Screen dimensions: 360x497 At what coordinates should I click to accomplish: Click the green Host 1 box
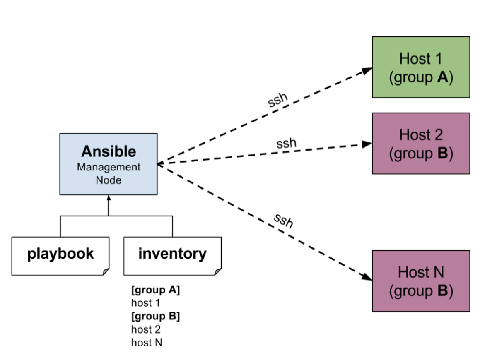click(x=421, y=67)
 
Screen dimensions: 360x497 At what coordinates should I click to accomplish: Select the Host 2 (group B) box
click(x=421, y=143)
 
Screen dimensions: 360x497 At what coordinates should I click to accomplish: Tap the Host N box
click(x=421, y=281)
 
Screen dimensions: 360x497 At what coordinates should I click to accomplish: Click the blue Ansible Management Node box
click(x=109, y=164)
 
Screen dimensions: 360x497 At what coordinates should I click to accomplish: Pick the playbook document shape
click(x=60, y=255)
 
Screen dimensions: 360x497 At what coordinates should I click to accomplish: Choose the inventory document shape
click(x=172, y=255)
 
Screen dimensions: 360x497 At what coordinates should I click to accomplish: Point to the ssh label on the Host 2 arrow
click(x=286, y=144)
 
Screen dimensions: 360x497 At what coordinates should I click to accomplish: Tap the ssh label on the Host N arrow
click(x=283, y=221)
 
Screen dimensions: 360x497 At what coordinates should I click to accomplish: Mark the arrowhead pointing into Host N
click(x=367, y=277)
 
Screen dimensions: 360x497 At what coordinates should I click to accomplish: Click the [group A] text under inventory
click(x=155, y=290)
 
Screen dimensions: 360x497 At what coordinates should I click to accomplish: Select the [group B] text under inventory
click(x=155, y=317)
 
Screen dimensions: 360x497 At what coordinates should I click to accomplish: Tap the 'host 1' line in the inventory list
click(x=145, y=303)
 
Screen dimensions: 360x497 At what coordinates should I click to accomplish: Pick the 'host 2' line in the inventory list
click(x=146, y=330)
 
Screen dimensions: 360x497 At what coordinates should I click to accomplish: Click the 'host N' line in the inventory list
click(x=147, y=343)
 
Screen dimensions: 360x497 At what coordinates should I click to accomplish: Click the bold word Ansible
click(x=109, y=151)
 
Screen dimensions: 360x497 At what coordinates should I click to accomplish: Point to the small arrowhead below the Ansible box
click(x=109, y=198)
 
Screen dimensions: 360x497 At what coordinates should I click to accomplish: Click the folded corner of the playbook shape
click(x=106, y=271)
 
